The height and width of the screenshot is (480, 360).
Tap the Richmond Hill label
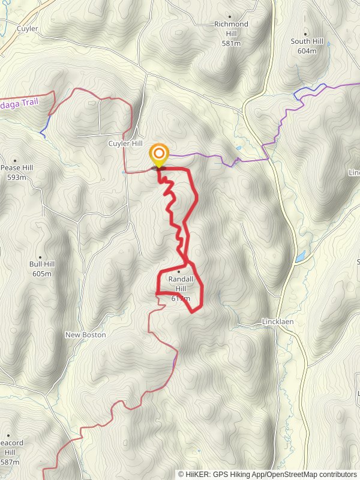231,28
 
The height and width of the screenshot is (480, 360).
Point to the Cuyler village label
28,28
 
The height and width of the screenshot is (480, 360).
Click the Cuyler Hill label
124,143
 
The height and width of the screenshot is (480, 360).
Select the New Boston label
86,335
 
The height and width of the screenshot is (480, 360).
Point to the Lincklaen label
278,322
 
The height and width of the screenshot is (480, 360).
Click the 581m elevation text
231,44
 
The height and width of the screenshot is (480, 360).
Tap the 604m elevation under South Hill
307,51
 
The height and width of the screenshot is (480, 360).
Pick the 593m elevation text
17,178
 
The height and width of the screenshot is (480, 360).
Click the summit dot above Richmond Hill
230,17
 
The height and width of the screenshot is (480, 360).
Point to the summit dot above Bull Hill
40,255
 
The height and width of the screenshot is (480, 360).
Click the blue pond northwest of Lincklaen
299,257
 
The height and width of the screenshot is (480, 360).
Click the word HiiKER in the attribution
196,474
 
